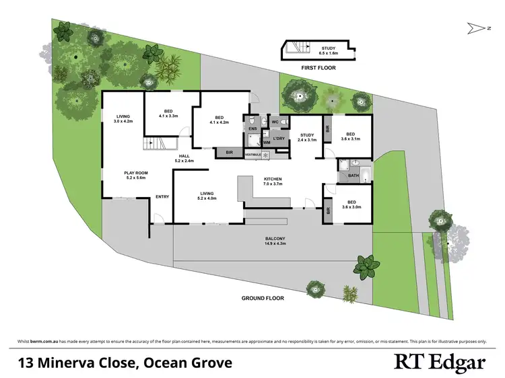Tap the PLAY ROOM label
click(135, 176)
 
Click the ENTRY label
click(162, 196)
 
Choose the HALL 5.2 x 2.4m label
click(184, 158)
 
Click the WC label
click(275, 122)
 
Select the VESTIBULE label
click(253, 154)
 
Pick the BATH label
click(353, 176)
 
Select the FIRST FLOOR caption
click(318, 68)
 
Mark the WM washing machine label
click(267, 142)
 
